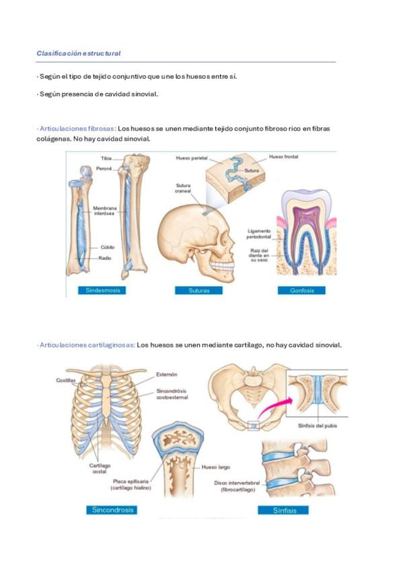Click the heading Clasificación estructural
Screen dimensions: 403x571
pyautogui.click(x=78, y=53)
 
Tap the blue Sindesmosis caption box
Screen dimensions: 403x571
pyautogui.click(x=102, y=290)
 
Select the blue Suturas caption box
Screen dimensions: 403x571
pyautogui.click(x=198, y=291)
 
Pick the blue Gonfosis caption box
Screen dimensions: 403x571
pyautogui.click(x=302, y=291)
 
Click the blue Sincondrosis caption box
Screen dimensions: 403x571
pyautogui.click(x=112, y=510)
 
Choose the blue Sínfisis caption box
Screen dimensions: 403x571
pyautogui.click(x=284, y=510)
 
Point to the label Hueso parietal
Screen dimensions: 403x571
pyautogui.click(x=192, y=158)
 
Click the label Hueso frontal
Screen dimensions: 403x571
pyautogui.click(x=284, y=157)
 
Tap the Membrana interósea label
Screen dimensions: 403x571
pyautogui.click(x=105, y=211)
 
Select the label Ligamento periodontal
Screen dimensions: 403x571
pyautogui.click(x=259, y=234)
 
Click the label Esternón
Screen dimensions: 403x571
pyautogui.click(x=167, y=374)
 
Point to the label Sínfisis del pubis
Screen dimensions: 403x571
pyautogui.click(x=318, y=426)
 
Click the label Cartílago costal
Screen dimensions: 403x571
pyautogui.click(x=100, y=469)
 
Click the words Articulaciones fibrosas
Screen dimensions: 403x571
pyautogui.click(x=77, y=129)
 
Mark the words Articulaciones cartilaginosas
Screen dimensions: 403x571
pyautogui.click(x=87, y=345)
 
